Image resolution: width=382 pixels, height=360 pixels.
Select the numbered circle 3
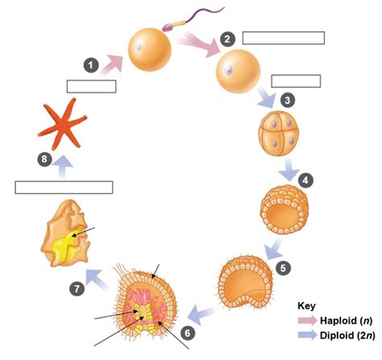[286, 100]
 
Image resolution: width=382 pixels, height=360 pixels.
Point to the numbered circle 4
[305, 180]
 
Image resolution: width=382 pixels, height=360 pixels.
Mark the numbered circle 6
[187, 331]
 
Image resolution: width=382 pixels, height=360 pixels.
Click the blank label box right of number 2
[283, 37]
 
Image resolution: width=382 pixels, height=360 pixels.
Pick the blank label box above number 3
[296, 81]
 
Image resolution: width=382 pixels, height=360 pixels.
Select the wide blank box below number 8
[64, 187]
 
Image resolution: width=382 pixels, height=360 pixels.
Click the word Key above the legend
[306, 306]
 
